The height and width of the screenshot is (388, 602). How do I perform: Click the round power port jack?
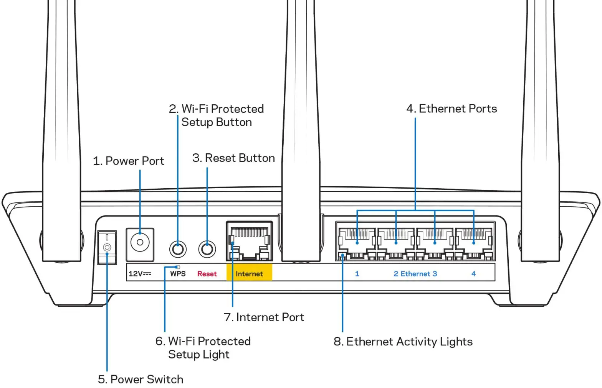coord(140,243)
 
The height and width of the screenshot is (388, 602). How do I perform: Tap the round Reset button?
coord(207,249)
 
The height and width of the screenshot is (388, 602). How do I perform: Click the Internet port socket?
coord(250,242)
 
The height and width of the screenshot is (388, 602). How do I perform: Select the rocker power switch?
coord(107,247)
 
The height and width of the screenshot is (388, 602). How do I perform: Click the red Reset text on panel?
coord(207,274)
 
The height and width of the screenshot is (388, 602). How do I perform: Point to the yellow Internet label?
coord(249,274)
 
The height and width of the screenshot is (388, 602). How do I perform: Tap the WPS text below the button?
coord(178,274)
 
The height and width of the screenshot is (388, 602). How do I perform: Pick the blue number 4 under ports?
coord(473,274)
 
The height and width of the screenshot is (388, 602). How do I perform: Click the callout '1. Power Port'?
coord(129,161)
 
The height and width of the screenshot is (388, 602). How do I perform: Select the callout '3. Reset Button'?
coord(233,158)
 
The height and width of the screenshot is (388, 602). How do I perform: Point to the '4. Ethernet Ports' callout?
coord(451,109)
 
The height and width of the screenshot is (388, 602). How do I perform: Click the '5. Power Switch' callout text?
coord(141,379)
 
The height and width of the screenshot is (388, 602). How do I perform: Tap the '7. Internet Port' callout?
coord(264,317)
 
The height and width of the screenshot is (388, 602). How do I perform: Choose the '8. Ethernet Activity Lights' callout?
coord(403,341)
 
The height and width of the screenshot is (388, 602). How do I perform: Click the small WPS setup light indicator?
coord(178,267)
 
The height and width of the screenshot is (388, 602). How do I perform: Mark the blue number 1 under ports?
coord(357,274)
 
